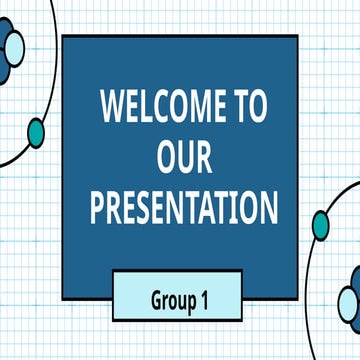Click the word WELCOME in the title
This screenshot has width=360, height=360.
click(161, 107)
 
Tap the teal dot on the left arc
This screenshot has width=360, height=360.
click(36, 131)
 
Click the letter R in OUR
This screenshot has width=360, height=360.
click(205, 157)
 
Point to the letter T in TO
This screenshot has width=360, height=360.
click(240, 107)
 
